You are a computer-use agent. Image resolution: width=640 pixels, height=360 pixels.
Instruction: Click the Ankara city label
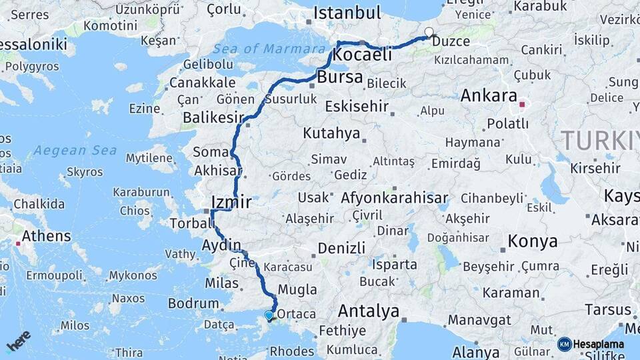point(489,95)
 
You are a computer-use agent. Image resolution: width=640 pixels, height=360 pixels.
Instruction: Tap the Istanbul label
point(347,13)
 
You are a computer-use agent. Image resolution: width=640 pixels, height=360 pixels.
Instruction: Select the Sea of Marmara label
point(270,49)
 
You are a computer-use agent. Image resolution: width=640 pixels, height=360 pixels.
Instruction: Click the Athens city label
point(46,236)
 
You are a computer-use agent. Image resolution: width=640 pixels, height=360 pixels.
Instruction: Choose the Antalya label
point(368,311)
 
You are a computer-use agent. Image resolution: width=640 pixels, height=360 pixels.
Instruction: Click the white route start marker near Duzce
point(428,31)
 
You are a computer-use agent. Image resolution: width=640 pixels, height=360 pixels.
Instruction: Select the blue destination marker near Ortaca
point(269,315)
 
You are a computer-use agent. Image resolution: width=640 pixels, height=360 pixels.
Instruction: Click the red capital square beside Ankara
point(523,104)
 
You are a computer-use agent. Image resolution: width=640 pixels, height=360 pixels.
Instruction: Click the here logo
point(18,341)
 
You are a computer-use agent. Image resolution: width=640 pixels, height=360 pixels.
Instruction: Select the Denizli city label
point(341,248)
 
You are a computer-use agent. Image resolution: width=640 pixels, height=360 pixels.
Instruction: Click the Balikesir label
point(213,117)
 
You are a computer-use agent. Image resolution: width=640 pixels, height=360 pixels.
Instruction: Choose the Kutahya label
point(331,133)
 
